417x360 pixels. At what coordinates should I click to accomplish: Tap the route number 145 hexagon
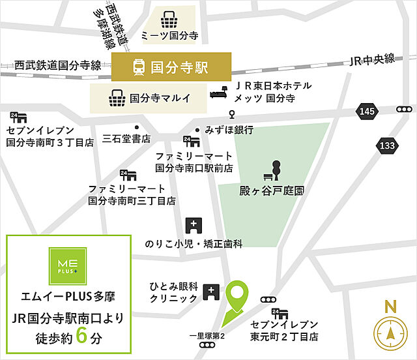(367, 113)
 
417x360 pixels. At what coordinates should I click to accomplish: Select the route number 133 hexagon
(386, 145)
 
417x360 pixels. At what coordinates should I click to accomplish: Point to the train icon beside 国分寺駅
(138, 66)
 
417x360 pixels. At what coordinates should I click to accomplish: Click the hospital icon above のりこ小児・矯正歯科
(194, 226)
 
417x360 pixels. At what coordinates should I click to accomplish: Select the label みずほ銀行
(229, 130)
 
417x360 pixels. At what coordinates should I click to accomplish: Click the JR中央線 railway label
(372, 59)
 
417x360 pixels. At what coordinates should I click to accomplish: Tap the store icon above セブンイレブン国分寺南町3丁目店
(18, 118)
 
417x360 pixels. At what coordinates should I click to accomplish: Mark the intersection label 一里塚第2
(207, 336)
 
